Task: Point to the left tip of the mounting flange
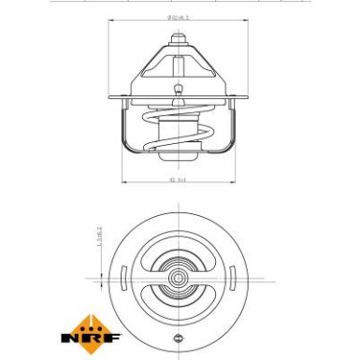click(x=109, y=96)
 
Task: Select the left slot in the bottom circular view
click(x=125, y=277)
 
